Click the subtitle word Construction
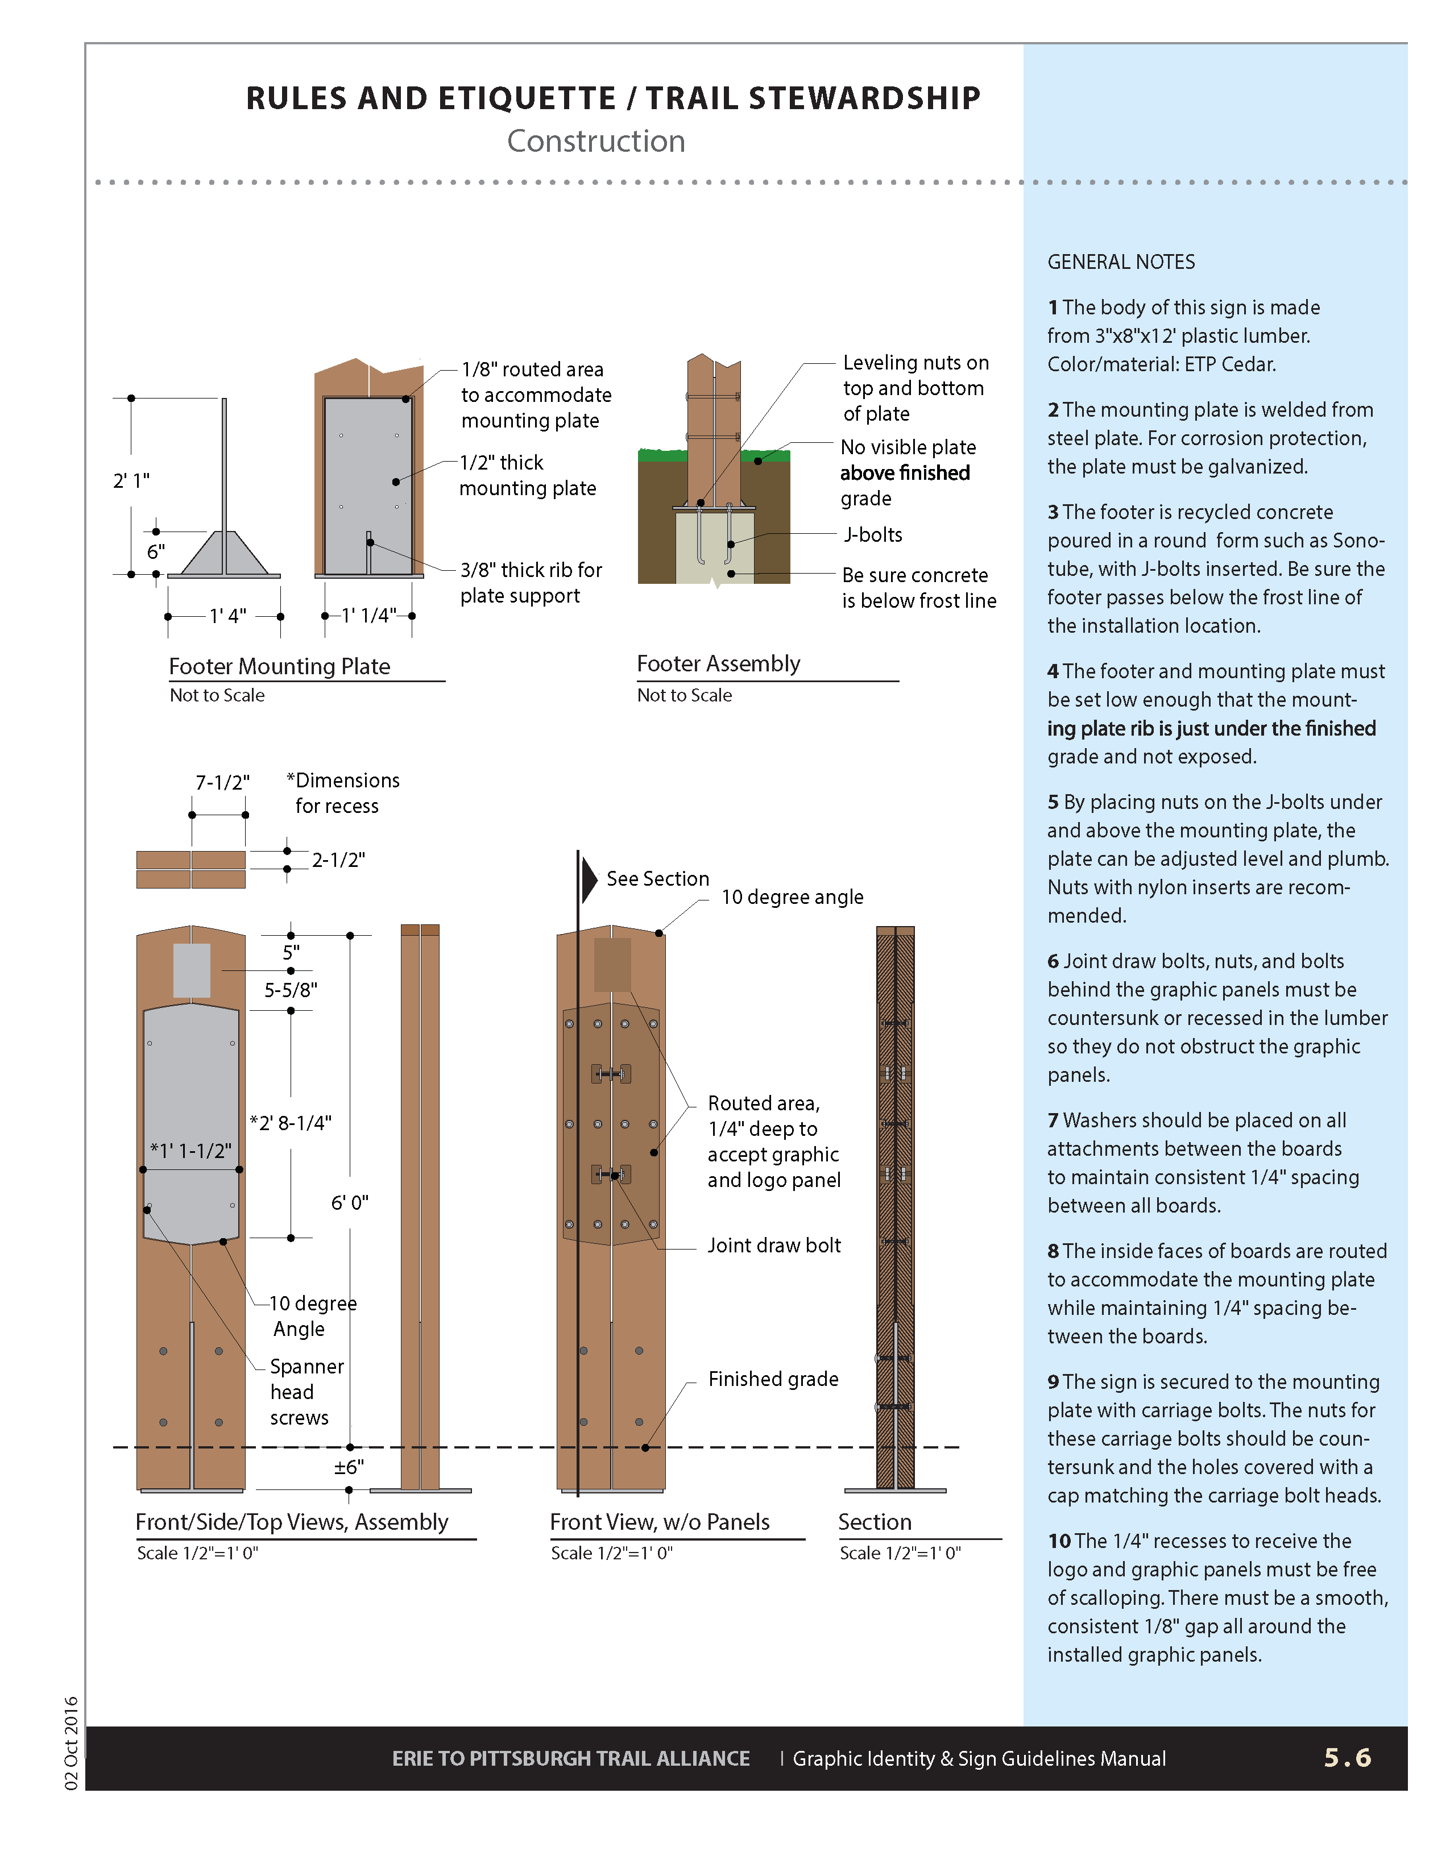pyautogui.click(x=595, y=141)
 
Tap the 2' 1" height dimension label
pyautogui.click(x=131, y=480)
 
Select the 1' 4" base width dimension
pyautogui.click(x=227, y=616)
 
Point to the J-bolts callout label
pyautogui.click(x=873, y=534)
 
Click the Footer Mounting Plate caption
pyautogui.click(x=279, y=667)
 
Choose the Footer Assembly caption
pyautogui.click(x=718, y=664)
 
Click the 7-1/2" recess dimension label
pyautogui.click(x=222, y=783)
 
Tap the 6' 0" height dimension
pyautogui.click(x=350, y=1202)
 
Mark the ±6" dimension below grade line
pyautogui.click(x=349, y=1467)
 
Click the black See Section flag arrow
pyautogui.click(x=589, y=879)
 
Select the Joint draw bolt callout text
pyautogui.click(x=774, y=1246)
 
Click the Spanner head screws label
pyautogui.click(x=306, y=1392)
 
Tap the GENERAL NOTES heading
pyautogui.click(x=1121, y=262)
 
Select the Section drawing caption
pyautogui.click(x=875, y=1522)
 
